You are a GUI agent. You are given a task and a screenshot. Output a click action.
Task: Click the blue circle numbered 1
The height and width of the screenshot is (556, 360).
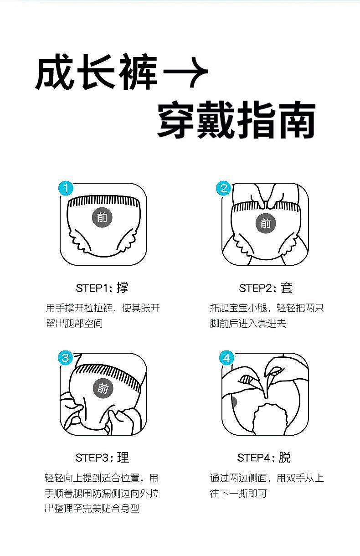[x=66, y=188]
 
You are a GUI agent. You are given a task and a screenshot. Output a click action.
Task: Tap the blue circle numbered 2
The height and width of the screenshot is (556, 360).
[x=223, y=188]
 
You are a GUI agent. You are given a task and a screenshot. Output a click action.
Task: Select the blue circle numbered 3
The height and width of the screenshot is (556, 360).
[x=65, y=358]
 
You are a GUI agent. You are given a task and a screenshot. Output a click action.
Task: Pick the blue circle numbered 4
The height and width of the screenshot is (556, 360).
[x=226, y=358]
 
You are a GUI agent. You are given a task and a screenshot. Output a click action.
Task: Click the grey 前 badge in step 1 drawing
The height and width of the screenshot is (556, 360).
[x=102, y=217]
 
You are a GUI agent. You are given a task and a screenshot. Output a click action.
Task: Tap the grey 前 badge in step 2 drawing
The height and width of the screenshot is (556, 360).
[x=266, y=223]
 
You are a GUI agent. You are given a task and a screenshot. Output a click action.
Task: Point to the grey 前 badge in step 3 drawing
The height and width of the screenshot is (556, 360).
[x=103, y=388]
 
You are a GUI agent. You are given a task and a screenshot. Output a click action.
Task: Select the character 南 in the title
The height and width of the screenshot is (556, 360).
[x=296, y=120]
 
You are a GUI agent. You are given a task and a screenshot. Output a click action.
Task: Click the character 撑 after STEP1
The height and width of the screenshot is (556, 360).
[x=123, y=288]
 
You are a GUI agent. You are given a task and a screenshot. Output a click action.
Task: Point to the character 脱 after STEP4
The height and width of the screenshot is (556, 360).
[x=285, y=458]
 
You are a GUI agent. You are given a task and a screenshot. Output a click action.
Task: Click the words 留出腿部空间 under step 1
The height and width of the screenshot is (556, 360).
[x=74, y=324]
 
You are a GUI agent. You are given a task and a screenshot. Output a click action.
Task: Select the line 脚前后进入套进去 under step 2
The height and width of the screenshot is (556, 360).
[x=248, y=324]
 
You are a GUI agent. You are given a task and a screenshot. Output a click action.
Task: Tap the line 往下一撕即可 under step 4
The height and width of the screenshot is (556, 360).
[x=238, y=493]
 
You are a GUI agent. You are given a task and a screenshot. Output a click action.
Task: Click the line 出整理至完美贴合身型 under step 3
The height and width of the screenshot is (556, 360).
[x=92, y=509]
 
